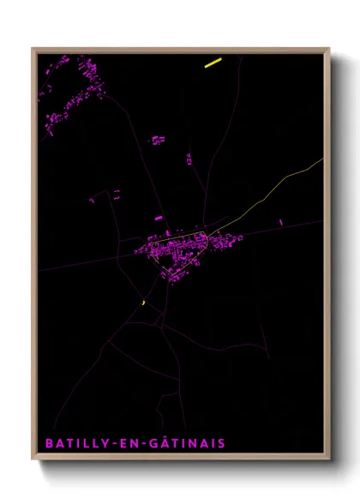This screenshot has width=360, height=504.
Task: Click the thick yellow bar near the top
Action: [213, 62]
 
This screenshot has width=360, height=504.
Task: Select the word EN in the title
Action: [129, 443]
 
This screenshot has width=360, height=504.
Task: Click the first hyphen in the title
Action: [112, 444]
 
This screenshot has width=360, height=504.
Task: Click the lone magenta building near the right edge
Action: [280, 223]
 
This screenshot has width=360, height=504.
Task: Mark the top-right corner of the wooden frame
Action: [328, 49]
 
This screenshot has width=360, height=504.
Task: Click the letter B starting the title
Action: [46, 443]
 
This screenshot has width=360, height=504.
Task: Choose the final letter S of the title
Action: [221, 443]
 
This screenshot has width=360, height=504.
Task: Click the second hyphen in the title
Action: [144, 444]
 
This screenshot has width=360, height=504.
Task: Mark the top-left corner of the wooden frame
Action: [33, 49]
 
